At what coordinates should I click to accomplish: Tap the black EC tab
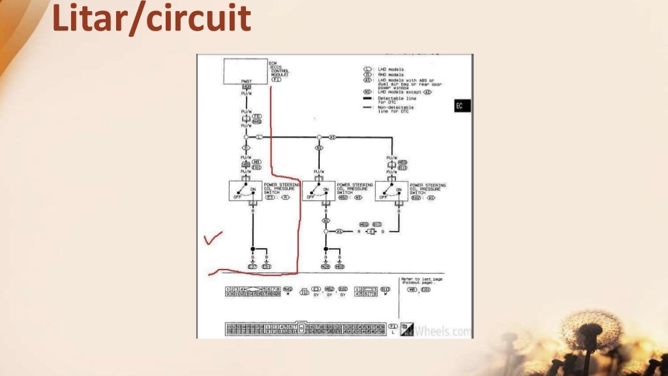pyautogui.click(x=462, y=106)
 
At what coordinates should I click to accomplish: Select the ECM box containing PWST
pyautogui.click(x=245, y=71)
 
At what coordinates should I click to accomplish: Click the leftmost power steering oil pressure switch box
pyautogui.click(x=245, y=191)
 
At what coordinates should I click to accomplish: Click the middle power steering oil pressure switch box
pyautogui.click(x=318, y=191)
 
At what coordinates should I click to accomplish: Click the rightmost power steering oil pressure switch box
pyautogui.click(x=391, y=191)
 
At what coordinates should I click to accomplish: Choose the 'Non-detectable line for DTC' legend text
pyautogui.click(x=397, y=109)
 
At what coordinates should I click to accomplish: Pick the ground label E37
pyautogui.click(x=252, y=267)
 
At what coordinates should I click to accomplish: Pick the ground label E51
pyautogui.click(x=266, y=267)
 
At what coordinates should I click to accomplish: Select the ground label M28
pyautogui.click(x=326, y=267)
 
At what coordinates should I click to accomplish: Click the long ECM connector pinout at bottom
pyautogui.click(x=306, y=328)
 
